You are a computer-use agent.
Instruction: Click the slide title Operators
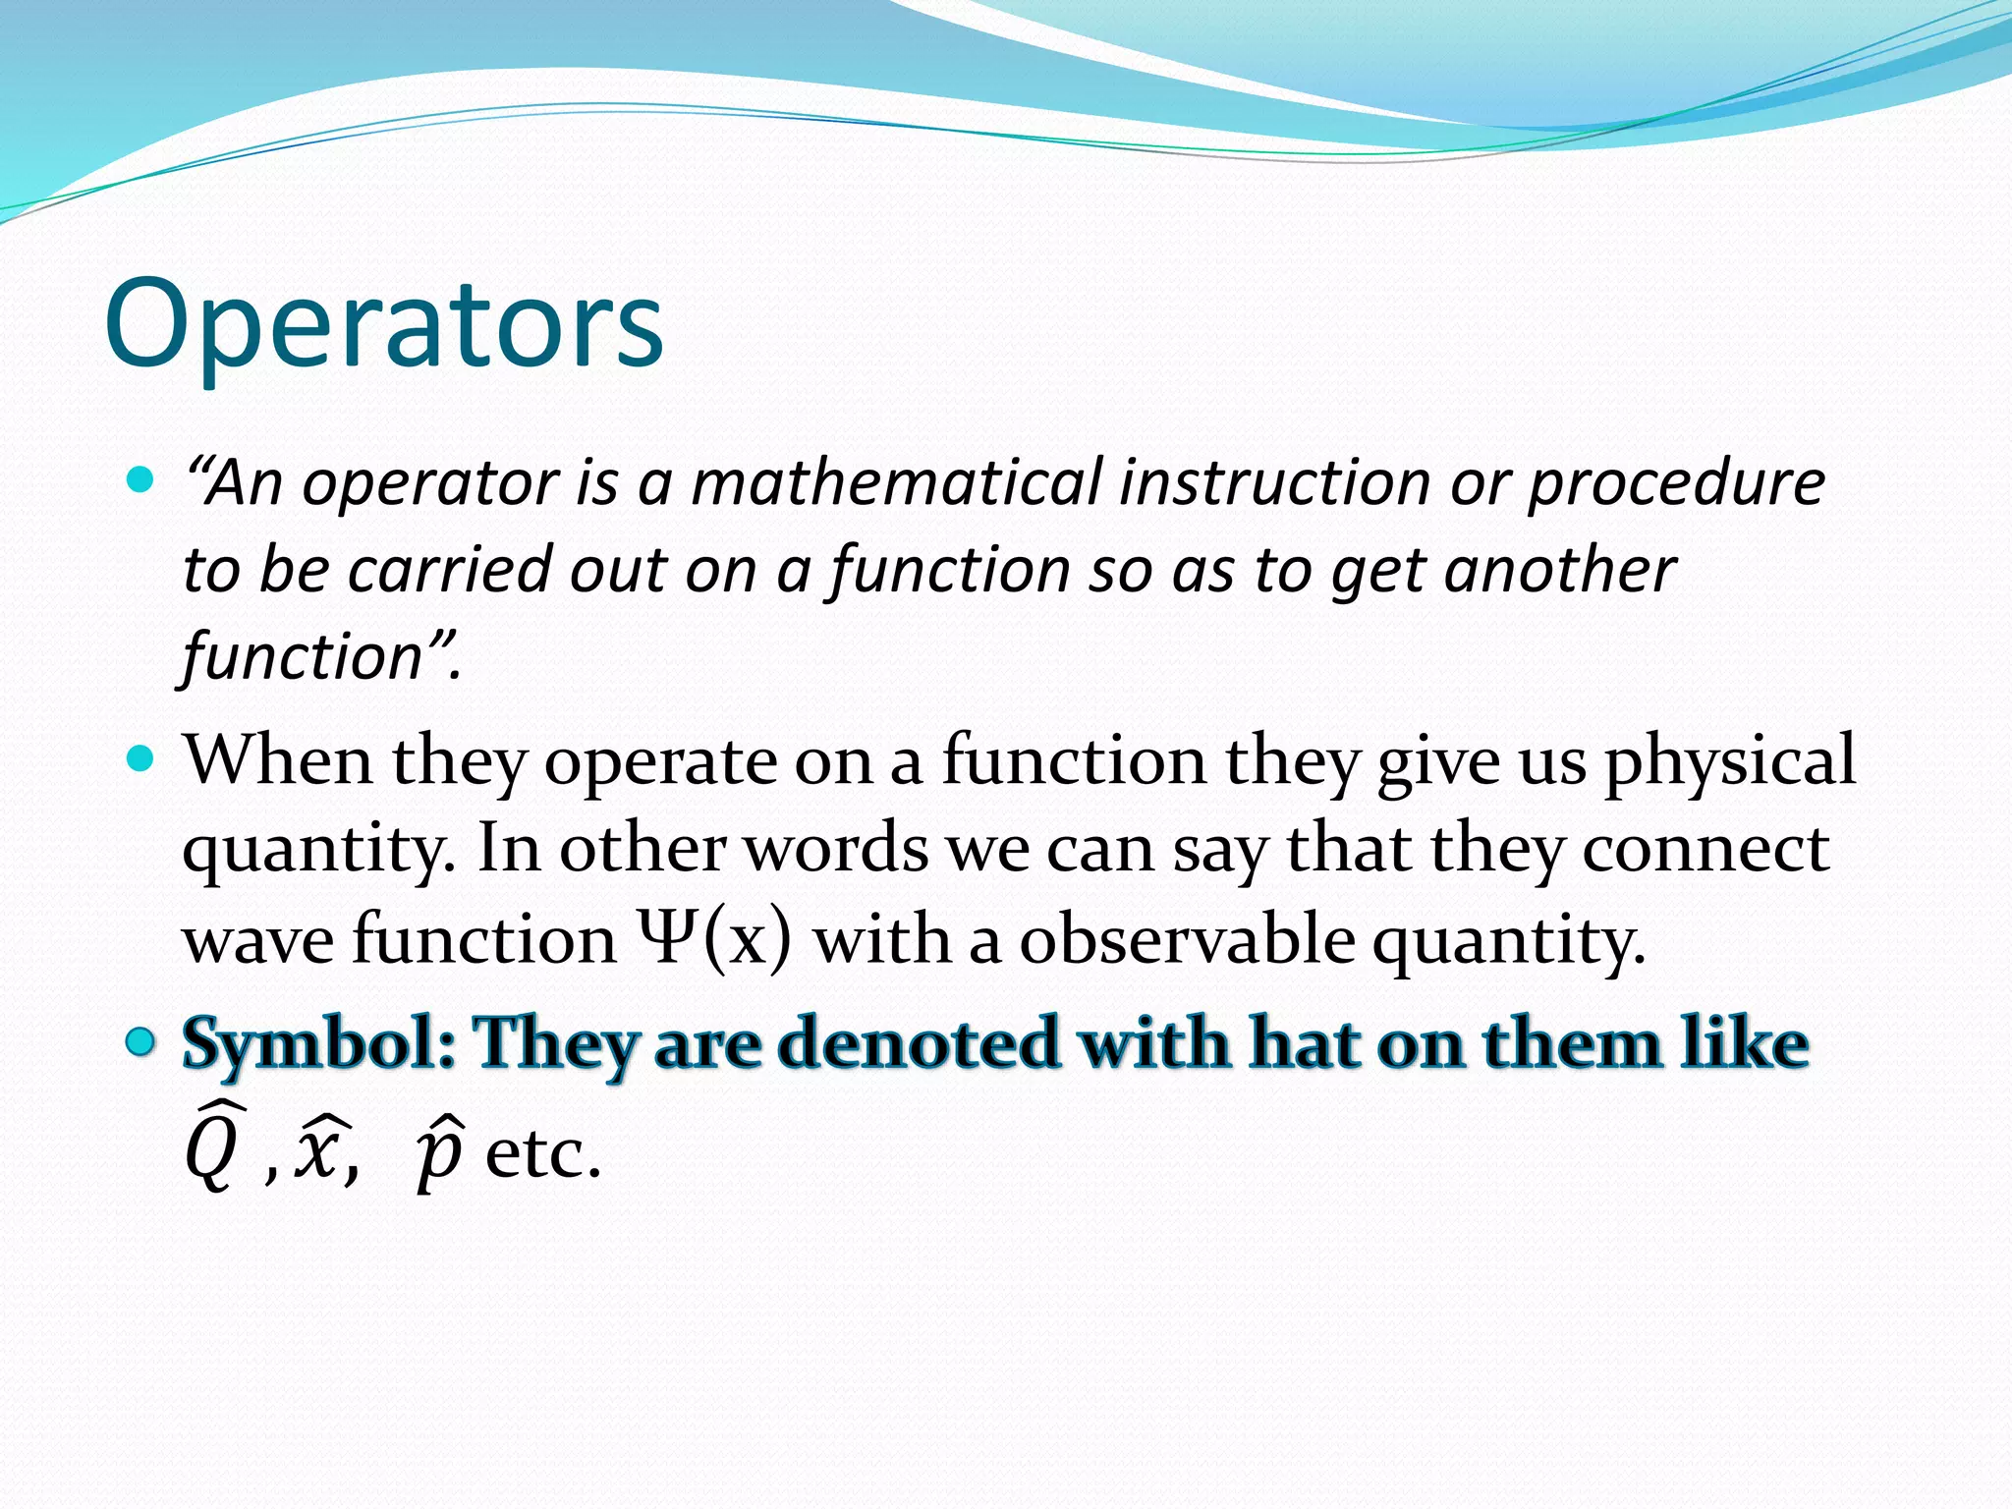click(x=384, y=324)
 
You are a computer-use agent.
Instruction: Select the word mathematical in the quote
click(x=896, y=483)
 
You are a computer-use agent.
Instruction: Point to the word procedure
click(x=1676, y=485)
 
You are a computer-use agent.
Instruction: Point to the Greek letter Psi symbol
click(x=667, y=938)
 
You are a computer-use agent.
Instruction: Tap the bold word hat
click(x=1304, y=1043)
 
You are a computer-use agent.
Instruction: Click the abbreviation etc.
click(x=542, y=1154)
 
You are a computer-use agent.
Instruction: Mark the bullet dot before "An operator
click(x=142, y=480)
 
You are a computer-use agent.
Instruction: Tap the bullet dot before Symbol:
click(x=142, y=1042)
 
